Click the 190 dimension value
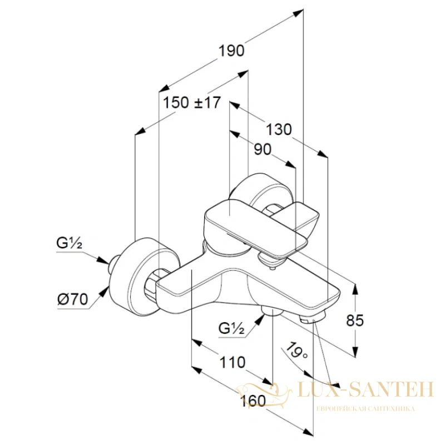tap(231, 51)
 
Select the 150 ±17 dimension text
tap(191, 102)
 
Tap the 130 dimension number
tap(279, 130)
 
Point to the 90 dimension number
tap(263, 149)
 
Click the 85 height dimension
tap(355, 320)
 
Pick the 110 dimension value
tap(233, 363)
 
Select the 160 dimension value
tap(253, 401)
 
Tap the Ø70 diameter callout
tap(73, 299)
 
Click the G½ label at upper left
tap(69, 243)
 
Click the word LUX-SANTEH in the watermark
tap(366, 390)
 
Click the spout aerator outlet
tap(312, 318)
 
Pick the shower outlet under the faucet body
tap(272, 310)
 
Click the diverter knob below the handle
tap(270, 261)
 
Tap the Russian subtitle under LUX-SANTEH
tap(365, 409)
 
